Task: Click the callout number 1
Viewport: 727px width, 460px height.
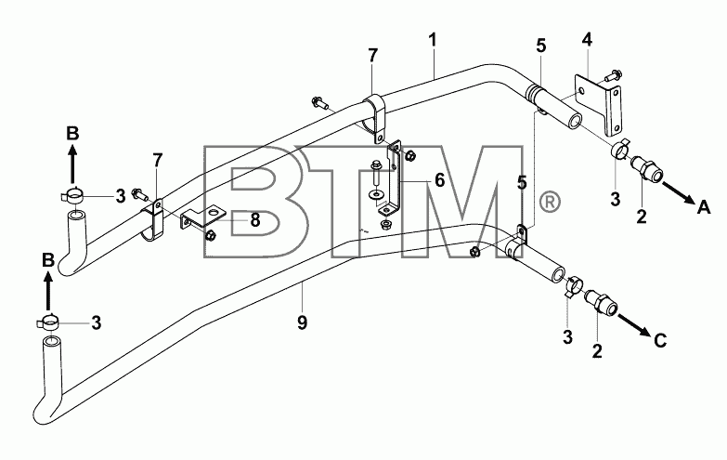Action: (x=433, y=40)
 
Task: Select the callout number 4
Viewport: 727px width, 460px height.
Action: (x=587, y=40)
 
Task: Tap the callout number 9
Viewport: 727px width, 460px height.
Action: (x=302, y=322)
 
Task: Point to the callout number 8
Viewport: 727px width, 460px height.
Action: (x=255, y=220)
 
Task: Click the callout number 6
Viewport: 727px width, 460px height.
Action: (x=439, y=180)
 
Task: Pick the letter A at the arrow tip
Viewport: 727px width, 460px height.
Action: (x=704, y=207)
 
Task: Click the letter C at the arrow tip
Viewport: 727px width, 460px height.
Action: (x=660, y=341)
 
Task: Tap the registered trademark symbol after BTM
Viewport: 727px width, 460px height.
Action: (x=550, y=202)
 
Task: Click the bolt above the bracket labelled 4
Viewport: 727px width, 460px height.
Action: (x=614, y=74)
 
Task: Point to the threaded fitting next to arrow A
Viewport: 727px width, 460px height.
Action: (x=647, y=168)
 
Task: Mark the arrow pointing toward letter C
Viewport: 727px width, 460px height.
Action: (x=634, y=325)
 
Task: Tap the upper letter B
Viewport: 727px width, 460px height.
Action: (x=72, y=133)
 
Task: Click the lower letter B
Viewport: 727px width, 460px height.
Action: (x=48, y=260)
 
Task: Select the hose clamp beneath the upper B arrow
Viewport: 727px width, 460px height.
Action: (x=71, y=196)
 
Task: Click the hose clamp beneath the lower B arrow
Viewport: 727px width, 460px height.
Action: (x=47, y=322)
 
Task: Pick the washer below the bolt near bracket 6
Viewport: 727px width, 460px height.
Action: (x=375, y=192)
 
